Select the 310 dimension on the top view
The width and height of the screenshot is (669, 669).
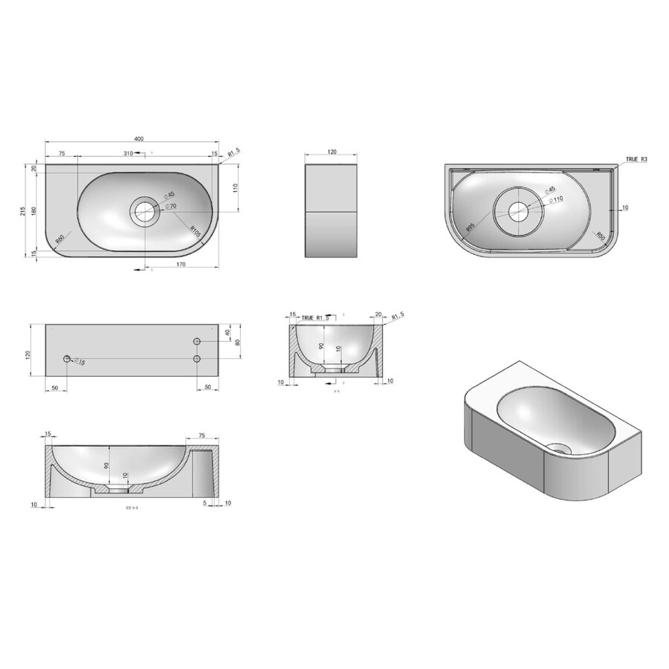[128, 153]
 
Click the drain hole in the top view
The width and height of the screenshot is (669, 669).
[144, 211]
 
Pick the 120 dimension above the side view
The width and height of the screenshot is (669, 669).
[332, 152]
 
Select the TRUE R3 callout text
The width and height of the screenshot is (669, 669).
[636, 159]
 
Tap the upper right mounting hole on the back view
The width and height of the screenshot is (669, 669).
[198, 341]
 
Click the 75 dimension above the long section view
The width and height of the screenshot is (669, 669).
[201, 436]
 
